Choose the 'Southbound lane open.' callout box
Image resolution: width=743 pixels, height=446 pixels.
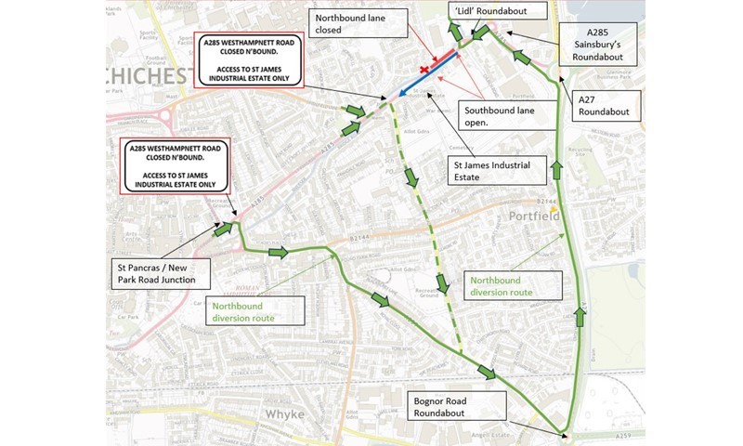coord(500,115)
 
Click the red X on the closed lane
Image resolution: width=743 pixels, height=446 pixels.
coord(425,71)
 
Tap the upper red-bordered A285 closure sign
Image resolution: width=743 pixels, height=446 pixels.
coord(249,61)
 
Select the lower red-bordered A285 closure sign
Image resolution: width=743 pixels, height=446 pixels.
coord(175,167)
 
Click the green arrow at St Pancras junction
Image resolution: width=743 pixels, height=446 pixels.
coord(223,229)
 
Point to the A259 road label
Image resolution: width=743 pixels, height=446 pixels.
coord(595,438)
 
